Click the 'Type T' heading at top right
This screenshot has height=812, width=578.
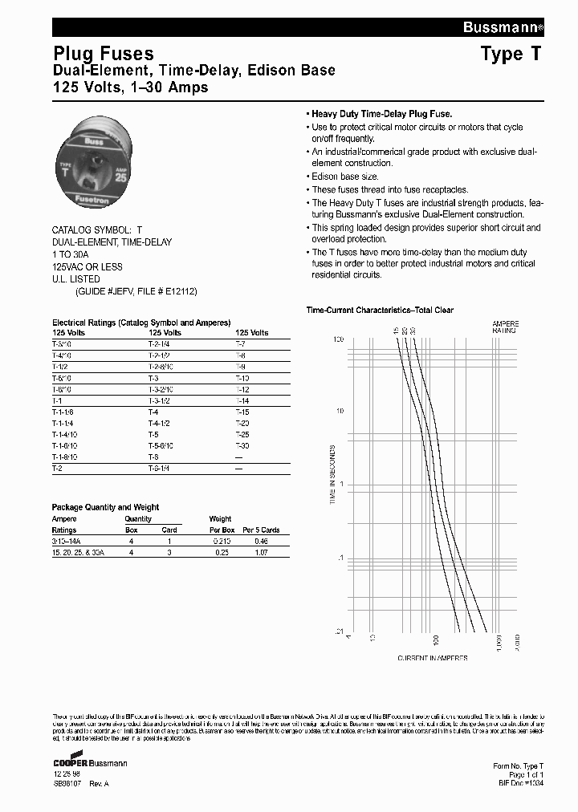point(511,55)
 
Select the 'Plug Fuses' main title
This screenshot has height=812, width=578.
point(103,55)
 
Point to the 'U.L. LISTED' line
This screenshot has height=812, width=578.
point(76,279)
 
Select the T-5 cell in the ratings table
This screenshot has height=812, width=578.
point(154,434)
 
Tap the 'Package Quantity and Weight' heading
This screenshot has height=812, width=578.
point(105,507)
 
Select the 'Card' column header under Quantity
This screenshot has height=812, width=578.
point(169,530)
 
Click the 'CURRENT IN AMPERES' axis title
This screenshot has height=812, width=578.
point(433,658)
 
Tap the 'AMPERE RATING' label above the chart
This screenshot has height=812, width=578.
point(505,327)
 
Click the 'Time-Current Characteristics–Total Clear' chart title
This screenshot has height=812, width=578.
point(380,310)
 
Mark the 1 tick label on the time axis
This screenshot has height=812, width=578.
point(342,484)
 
